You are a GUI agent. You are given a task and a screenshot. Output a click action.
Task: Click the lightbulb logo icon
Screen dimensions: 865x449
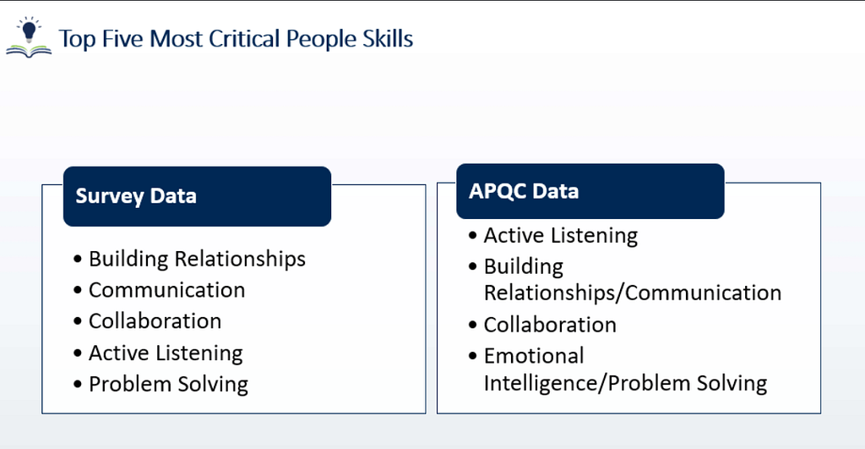click(29, 37)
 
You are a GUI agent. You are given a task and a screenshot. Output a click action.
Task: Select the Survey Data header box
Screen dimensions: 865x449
click(197, 196)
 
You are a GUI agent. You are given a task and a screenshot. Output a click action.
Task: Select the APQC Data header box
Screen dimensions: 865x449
click(590, 191)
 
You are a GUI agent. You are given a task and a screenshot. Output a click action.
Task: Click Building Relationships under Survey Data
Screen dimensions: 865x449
click(197, 259)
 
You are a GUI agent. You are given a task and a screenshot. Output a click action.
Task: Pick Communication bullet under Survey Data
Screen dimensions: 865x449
click(166, 290)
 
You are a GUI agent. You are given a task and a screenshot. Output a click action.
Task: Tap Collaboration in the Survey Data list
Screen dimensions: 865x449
click(155, 320)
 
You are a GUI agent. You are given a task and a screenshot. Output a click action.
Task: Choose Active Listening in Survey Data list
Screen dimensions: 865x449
click(166, 353)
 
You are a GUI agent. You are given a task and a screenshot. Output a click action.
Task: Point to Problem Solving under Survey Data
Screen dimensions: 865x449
click(168, 385)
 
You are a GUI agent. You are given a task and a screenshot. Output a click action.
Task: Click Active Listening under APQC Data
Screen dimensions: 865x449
click(561, 236)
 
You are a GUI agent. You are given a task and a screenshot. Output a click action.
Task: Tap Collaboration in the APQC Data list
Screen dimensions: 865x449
click(550, 325)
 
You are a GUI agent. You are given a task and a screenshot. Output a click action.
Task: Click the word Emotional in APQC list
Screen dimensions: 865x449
click(534, 356)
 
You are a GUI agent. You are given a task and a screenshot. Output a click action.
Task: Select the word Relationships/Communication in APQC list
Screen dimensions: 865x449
click(632, 293)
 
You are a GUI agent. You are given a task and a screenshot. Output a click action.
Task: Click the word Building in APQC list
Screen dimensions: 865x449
click(524, 266)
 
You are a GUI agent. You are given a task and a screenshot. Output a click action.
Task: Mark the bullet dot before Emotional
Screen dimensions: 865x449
click(472, 356)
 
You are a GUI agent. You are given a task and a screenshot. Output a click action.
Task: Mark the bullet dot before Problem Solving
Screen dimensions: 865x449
click(77, 384)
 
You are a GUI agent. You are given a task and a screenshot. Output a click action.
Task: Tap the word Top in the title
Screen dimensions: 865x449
click(77, 40)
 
